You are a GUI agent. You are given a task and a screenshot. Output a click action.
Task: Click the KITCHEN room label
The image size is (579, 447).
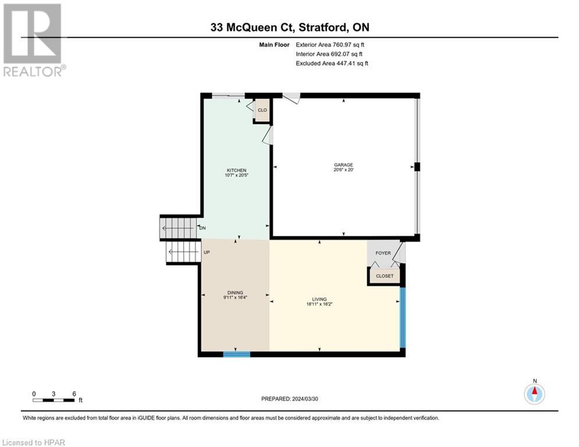point(236,170)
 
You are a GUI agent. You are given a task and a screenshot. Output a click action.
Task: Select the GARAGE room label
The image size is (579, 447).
point(343,165)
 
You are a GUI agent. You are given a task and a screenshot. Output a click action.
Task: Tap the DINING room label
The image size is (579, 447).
point(235,293)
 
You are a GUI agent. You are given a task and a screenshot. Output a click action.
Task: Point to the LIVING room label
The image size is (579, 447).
point(319,299)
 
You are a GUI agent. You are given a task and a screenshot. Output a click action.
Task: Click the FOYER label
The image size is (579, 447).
point(383,253)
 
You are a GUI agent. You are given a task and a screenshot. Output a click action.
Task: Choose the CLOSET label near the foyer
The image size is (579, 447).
point(384,276)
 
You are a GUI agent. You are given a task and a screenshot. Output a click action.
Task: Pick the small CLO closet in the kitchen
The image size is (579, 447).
point(262,111)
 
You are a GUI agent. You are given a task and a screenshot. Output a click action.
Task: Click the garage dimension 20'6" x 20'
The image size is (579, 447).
point(343,170)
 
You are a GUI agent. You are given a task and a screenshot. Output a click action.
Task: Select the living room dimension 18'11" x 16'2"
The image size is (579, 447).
point(319,304)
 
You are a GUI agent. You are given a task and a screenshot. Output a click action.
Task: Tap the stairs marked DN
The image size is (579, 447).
point(178,228)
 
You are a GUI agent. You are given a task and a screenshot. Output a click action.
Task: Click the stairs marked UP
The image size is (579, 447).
point(184,252)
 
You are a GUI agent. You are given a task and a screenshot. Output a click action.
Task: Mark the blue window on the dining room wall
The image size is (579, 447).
point(237,354)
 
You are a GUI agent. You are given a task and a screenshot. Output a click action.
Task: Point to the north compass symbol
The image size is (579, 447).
point(534,393)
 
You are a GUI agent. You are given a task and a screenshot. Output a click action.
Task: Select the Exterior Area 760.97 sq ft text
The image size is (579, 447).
point(331,44)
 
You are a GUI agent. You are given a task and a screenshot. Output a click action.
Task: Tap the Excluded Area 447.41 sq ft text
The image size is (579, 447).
point(332,63)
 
